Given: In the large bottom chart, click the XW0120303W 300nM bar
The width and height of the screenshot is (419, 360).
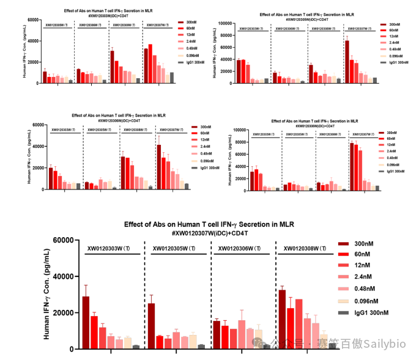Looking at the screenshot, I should click(86, 322).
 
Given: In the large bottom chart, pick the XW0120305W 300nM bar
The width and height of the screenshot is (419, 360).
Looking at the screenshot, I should click(151, 326).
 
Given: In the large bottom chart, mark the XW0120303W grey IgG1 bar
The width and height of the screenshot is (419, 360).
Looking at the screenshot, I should click(135, 347).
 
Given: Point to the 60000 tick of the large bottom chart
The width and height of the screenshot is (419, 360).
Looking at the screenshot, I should click(63, 240).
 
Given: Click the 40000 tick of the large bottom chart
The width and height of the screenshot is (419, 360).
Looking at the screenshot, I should click(63, 276).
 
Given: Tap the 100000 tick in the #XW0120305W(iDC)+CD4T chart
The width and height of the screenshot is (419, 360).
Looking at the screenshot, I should click(225, 23).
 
